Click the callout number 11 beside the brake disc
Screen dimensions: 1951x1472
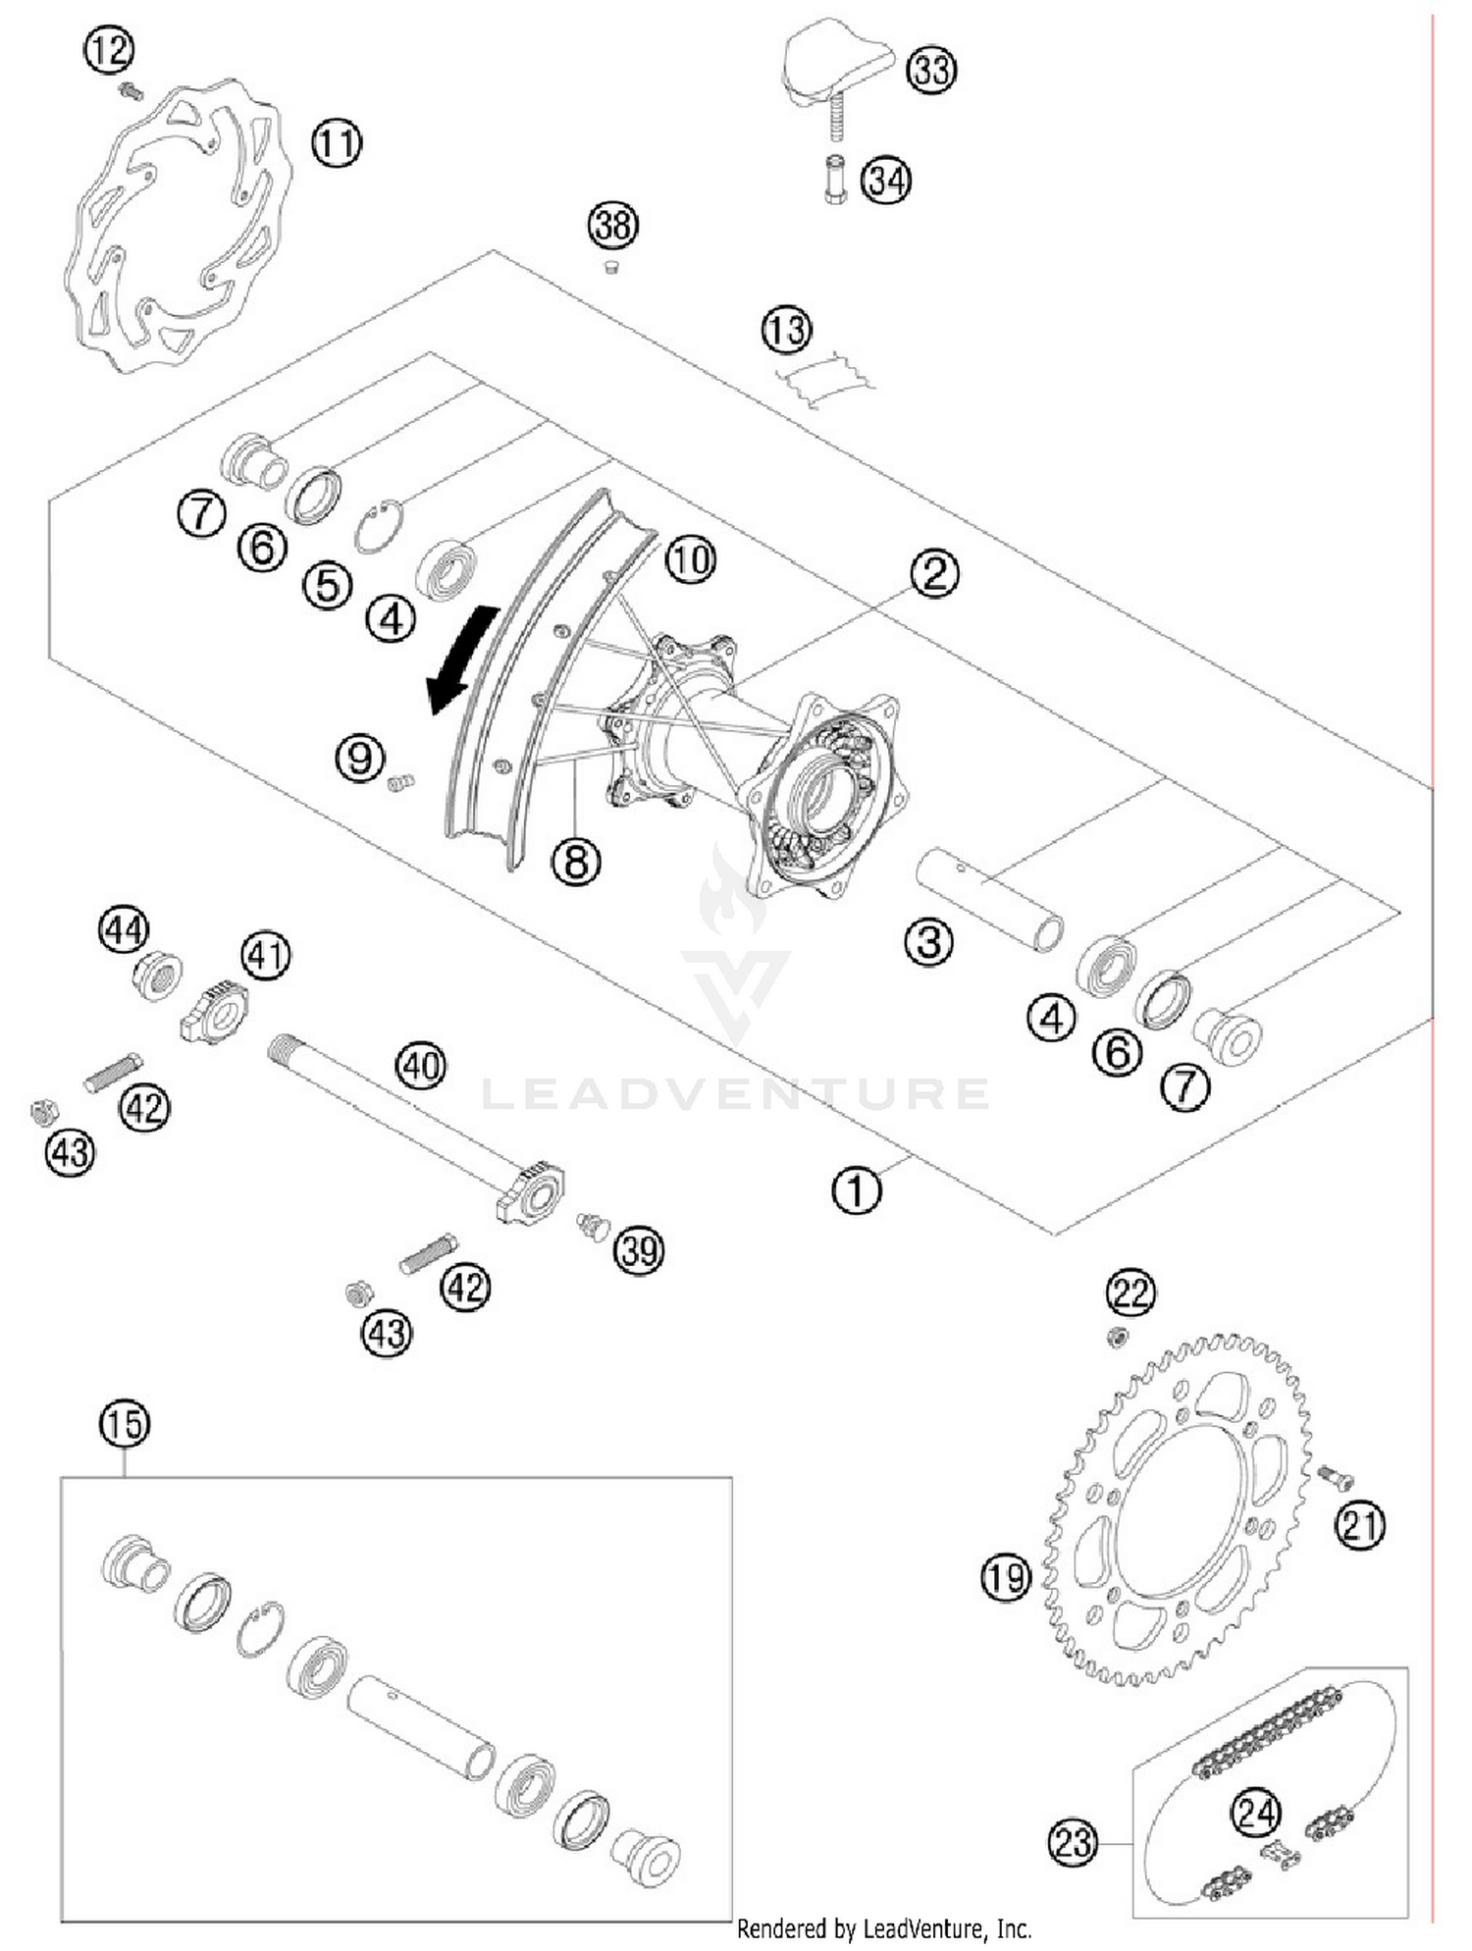(337, 143)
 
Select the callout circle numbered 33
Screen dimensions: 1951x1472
(930, 70)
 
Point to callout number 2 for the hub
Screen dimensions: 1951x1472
(933, 572)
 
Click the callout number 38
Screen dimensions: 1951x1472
(612, 225)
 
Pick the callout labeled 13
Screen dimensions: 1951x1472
(787, 331)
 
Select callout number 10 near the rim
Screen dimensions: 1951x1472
(691, 559)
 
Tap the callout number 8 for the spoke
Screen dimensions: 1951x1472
(576, 861)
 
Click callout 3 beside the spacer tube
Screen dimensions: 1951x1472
(928, 941)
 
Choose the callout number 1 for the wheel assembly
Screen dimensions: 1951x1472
(857, 1189)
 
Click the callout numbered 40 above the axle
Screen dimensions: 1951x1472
(421, 1065)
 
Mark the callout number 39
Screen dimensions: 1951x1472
(639, 1250)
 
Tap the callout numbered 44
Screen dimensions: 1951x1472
(124, 929)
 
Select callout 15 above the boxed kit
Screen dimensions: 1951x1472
(125, 1423)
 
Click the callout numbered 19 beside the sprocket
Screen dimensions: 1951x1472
(1007, 1578)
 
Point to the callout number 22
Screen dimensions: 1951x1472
(1130, 1292)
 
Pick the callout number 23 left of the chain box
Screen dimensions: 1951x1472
(1072, 1842)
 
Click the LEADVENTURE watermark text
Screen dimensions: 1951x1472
(736, 1093)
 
